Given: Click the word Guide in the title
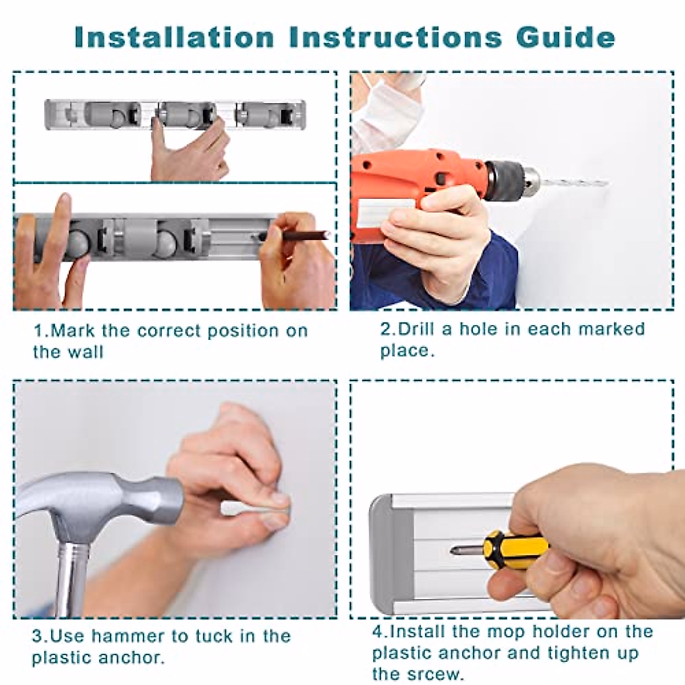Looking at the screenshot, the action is coord(566,37).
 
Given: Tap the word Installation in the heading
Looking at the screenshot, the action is coord(175,37).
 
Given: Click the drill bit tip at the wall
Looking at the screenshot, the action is coord(607,184).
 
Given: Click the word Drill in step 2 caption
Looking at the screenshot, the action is coord(416,329).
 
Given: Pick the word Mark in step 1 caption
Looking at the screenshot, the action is coord(73,331).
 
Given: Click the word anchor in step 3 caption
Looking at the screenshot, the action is coord(131,658).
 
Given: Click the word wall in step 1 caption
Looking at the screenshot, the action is coord(86,352).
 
